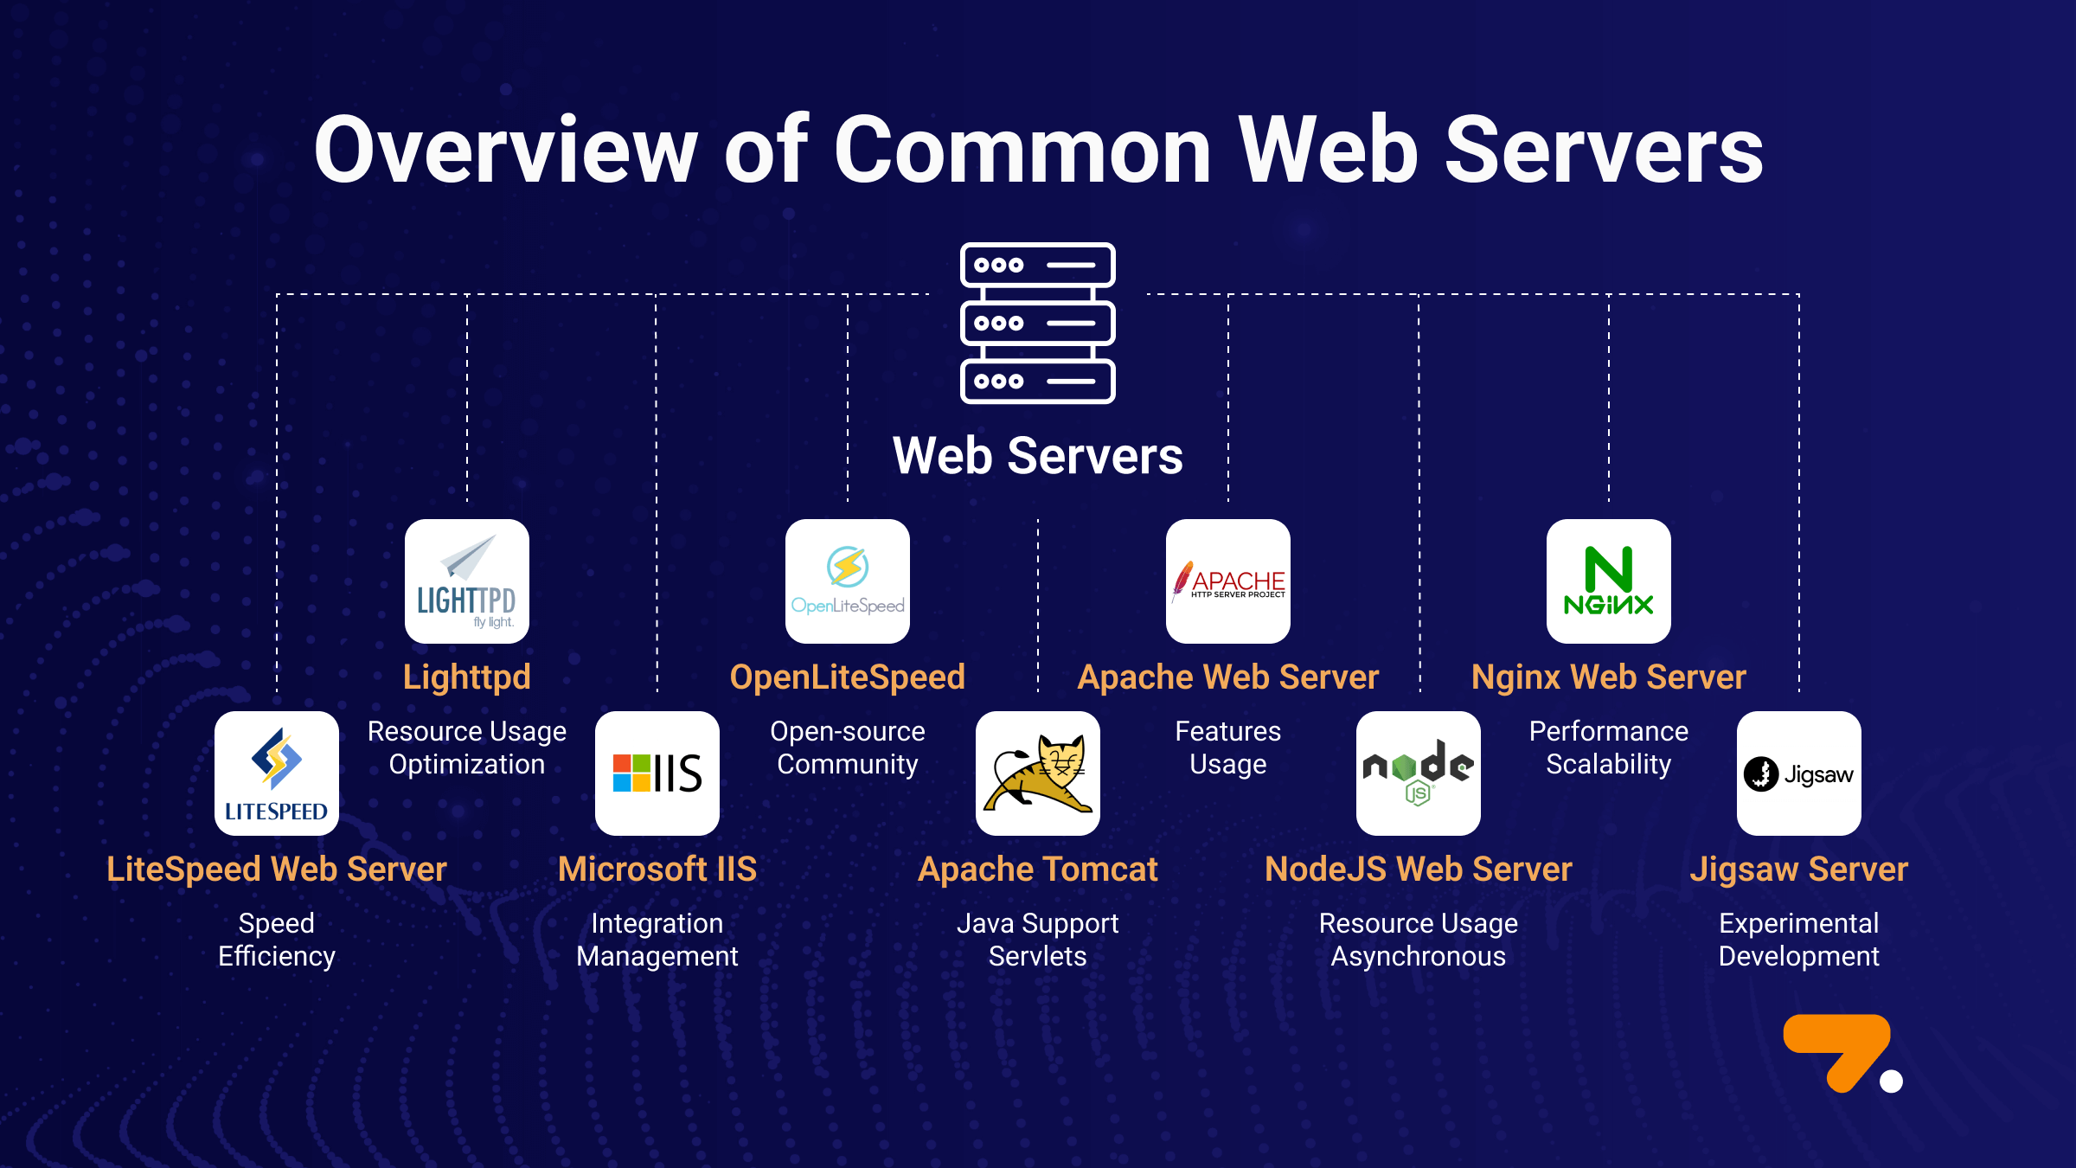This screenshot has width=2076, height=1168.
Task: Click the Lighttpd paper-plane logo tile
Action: click(467, 581)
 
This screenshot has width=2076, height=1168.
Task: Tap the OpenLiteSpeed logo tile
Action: click(848, 581)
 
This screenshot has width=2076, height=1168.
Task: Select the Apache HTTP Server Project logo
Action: click(1228, 581)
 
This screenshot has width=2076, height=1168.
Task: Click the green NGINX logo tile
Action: click(1609, 581)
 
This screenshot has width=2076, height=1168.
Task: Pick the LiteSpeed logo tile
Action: click(277, 773)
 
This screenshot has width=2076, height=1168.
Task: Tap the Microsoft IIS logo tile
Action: click(657, 773)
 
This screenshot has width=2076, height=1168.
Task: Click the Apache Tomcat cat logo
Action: click(1038, 773)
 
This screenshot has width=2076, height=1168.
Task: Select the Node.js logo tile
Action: click(1419, 773)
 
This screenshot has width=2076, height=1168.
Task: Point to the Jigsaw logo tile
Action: click(1799, 773)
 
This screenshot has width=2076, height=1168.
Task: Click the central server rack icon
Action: click(1038, 323)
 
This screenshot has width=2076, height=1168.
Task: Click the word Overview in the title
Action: click(505, 151)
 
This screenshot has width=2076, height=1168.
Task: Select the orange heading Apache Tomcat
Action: click(1038, 869)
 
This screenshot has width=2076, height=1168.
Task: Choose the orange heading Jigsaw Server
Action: click(1799, 869)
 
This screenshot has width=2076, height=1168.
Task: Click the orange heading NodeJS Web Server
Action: click(1419, 869)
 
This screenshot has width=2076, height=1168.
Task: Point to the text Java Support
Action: click(1038, 923)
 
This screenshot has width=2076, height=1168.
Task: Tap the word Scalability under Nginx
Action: click(1609, 764)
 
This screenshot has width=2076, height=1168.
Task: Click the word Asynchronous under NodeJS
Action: click(1419, 956)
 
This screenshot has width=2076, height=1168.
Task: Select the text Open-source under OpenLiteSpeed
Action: click(848, 731)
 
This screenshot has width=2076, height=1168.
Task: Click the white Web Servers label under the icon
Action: click(1038, 456)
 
